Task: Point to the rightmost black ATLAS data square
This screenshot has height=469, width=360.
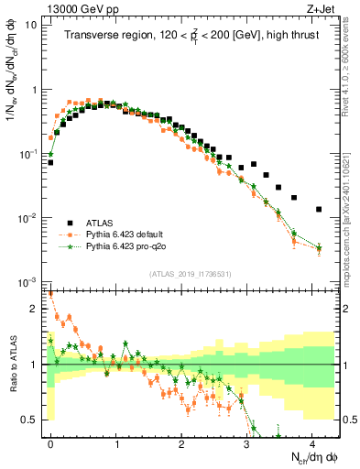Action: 319,210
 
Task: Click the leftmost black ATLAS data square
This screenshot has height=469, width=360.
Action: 50,162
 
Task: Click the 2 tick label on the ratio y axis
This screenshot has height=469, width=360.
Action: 34,309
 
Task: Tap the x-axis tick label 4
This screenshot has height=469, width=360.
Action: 313,442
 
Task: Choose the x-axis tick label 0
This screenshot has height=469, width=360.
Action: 50,442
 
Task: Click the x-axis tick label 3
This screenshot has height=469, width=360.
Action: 247,442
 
